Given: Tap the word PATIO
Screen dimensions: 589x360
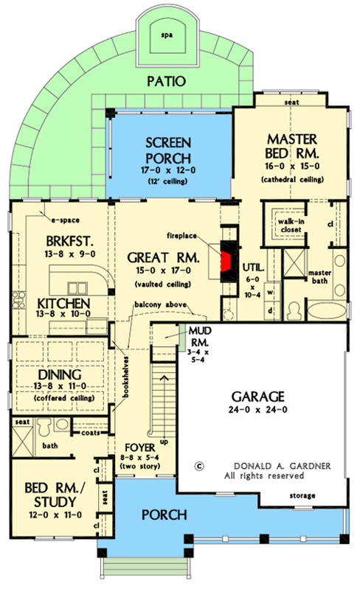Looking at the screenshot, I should [x=165, y=81].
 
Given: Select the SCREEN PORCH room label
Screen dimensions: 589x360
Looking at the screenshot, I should [x=169, y=150].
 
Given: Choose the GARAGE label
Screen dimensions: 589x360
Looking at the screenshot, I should [x=263, y=394].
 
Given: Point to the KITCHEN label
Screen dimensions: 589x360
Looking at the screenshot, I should [x=65, y=304].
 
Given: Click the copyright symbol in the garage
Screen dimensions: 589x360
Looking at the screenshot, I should [x=198, y=466].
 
